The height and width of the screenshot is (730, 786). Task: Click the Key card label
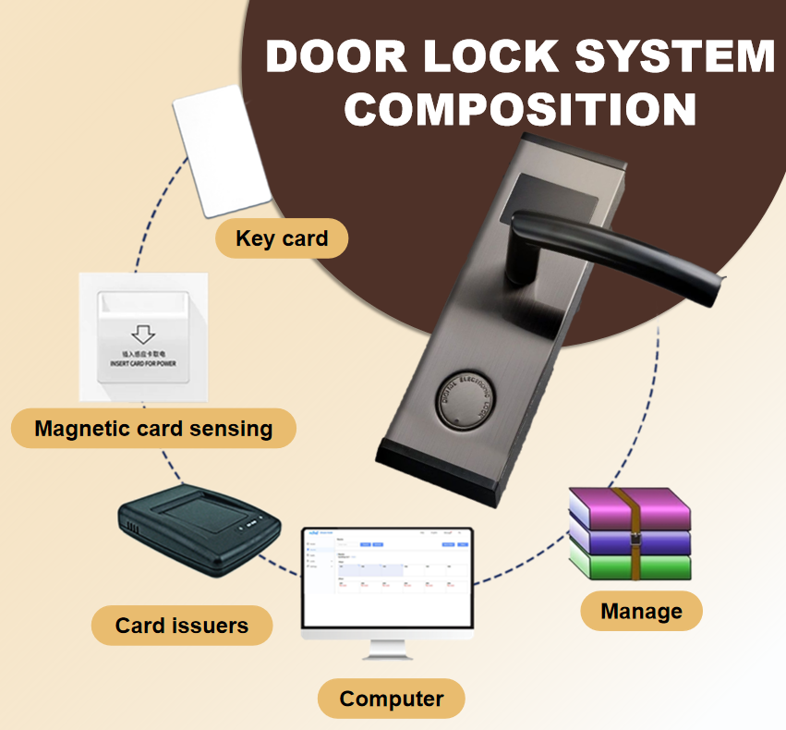pos(282,239)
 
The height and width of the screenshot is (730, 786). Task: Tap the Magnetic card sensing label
pos(153,429)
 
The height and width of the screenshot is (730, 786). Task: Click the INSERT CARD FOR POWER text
pos(142,363)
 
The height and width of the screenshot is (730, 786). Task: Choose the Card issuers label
pos(182,626)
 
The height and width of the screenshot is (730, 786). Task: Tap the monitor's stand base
pos(388,651)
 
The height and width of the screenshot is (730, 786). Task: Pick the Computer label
pos(392,699)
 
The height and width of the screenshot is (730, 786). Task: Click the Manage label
pos(641,611)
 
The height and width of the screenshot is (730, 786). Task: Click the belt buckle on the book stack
pos(635,537)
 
